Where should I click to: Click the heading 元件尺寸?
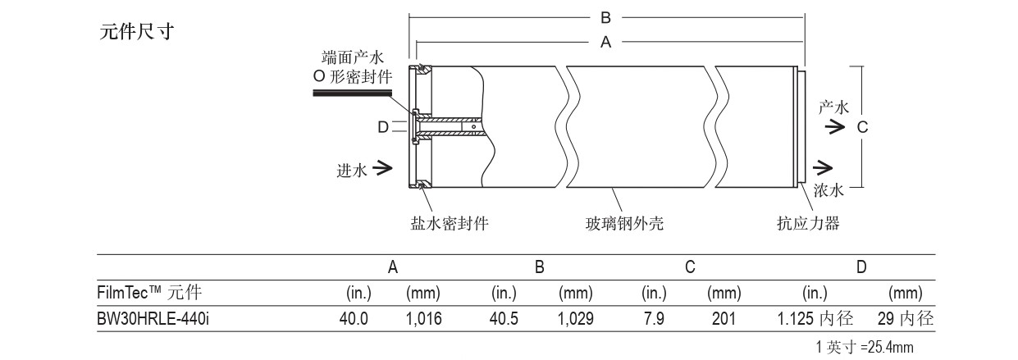tap(135, 33)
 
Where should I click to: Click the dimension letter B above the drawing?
tap(606, 16)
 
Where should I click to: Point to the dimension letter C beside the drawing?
tap(862, 127)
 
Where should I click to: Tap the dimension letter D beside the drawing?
tap(382, 127)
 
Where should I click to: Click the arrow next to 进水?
tap(381, 169)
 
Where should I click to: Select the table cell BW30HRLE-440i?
tap(153, 319)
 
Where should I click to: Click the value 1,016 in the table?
tap(424, 319)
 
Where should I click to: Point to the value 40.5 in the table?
tap(504, 319)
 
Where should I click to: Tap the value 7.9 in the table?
tap(654, 319)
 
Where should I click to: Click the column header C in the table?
tap(690, 267)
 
